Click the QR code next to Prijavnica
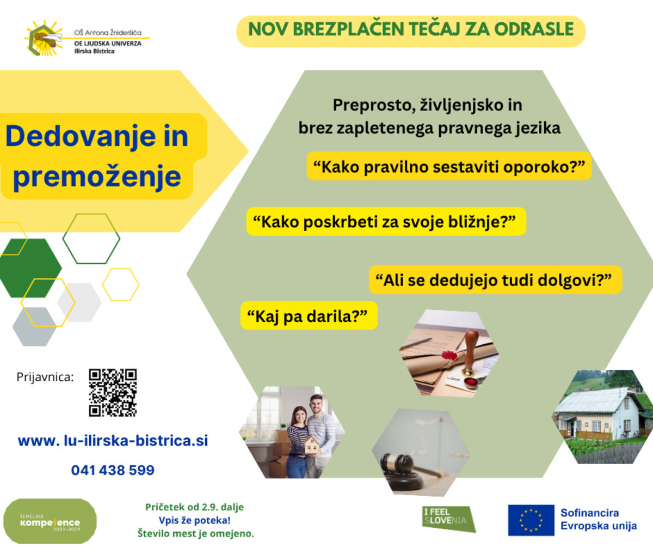point(113,392)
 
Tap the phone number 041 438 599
point(113,470)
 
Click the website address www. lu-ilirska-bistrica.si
point(113,441)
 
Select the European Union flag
point(531,520)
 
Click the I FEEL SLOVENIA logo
point(449,519)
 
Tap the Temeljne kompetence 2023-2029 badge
point(50,521)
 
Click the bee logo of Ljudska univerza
point(44,38)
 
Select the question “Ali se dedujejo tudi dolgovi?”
point(495,280)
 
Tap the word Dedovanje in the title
point(81,137)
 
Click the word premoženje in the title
point(97,177)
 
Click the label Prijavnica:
point(45,377)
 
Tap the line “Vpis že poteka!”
point(194,520)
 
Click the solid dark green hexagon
point(30,268)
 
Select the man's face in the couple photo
point(316,404)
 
